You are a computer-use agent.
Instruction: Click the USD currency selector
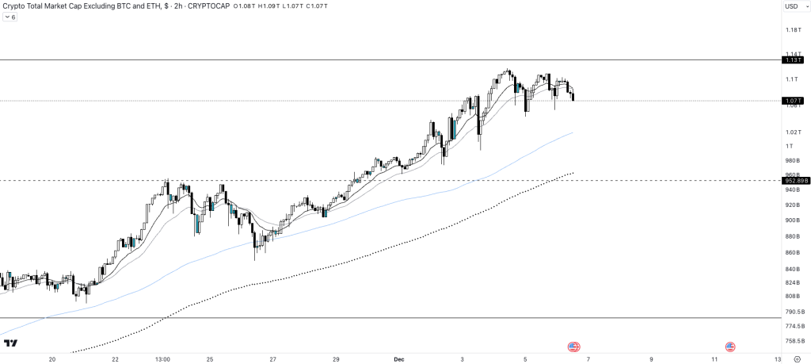tap(791, 7)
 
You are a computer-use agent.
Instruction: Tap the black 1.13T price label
tap(793, 60)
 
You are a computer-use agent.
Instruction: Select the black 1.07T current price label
tap(793, 101)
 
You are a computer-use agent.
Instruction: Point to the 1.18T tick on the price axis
tap(792, 30)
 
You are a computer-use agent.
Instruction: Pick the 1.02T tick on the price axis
tap(792, 132)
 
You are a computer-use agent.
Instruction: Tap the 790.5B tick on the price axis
tap(794, 312)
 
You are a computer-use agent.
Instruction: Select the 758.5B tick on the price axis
tap(794, 341)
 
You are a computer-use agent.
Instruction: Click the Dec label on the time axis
tap(398, 358)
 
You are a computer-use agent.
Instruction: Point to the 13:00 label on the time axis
tap(163, 358)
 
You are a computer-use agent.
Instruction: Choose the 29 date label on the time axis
tap(336, 358)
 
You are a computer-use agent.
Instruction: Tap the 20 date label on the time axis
tap(52, 358)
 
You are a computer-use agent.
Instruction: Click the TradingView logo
tap(11, 343)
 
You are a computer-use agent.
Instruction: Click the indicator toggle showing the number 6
tap(10, 17)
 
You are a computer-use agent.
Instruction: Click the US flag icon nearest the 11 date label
tap(730, 347)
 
